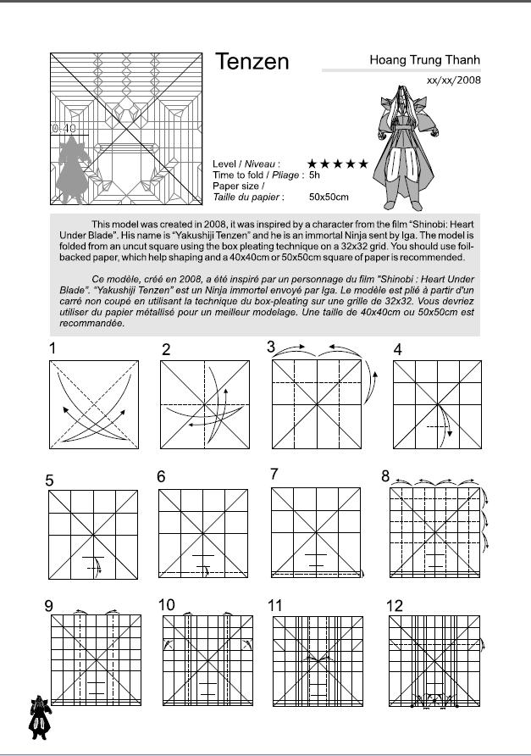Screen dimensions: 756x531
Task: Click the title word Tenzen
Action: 252,62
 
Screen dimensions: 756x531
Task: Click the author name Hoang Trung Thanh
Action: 424,60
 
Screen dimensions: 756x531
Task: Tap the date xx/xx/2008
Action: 453,80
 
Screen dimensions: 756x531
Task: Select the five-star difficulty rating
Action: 337,163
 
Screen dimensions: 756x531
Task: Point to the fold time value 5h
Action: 314,175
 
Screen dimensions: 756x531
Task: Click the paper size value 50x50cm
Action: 329,197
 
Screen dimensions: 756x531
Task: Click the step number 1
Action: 53,347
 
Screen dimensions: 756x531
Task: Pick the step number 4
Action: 397,349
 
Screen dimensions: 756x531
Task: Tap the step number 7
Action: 274,475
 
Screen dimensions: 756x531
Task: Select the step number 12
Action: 394,605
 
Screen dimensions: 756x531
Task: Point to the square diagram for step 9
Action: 93,660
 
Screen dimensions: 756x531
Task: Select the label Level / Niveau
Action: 246,163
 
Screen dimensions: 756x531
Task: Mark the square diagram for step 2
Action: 206,404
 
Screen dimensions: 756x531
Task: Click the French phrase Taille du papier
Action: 248,197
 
